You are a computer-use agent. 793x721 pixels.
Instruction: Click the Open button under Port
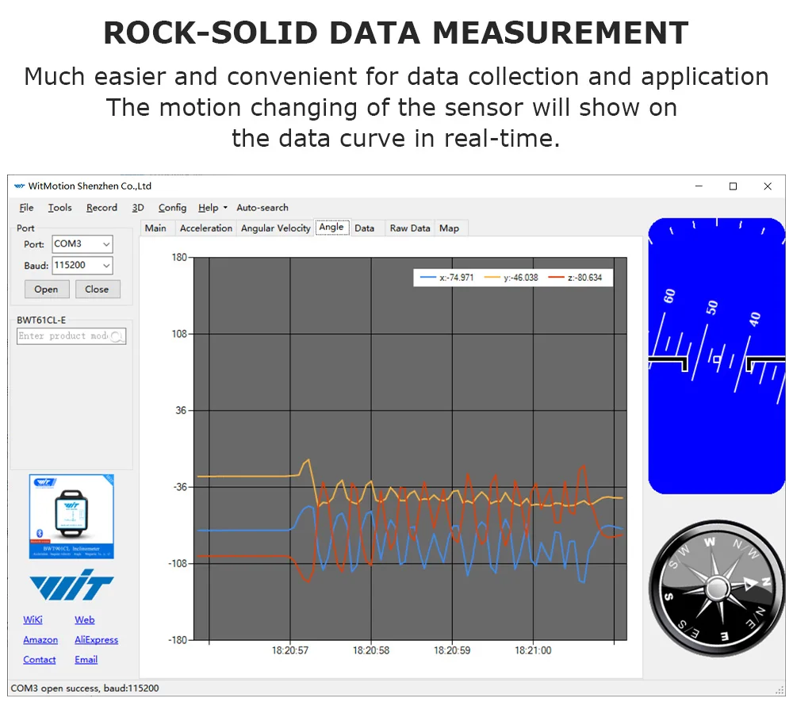tap(47, 290)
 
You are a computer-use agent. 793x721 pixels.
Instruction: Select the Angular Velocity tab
tap(275, 228)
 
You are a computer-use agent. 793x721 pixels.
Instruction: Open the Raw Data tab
tap(409, 228)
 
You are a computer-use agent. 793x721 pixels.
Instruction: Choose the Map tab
tap(449, 228)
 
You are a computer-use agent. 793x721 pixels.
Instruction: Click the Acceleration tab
tap(206, 228)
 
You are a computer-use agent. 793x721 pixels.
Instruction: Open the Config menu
tap(172, 208)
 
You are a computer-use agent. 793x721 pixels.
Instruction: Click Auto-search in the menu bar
tap(262, 208)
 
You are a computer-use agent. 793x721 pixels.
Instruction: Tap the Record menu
tap(102, 208)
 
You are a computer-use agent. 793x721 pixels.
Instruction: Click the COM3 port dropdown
tap(82, 244)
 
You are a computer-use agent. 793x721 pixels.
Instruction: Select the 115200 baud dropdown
tap(82, 266)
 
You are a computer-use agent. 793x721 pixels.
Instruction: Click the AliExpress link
tap(96, 640)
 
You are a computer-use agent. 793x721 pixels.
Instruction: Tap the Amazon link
tap(40, 640)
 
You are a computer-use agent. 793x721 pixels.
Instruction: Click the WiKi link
tap(33, 620)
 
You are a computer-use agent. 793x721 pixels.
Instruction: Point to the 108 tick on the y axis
tap(180, 334)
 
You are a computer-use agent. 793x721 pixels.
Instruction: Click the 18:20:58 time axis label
tap(371, 650)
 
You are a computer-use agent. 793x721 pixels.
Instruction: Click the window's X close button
tap(768, 186)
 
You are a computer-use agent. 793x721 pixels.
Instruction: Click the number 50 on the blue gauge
tap(712, 307)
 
